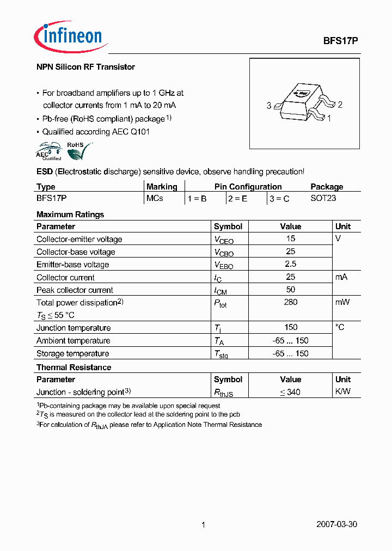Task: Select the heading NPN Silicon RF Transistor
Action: (x=85, y=67)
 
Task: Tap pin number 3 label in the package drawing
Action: (x=269, y=106)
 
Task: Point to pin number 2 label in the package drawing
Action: (x=340, y=105)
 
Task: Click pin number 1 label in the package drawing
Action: (x=329, y=118)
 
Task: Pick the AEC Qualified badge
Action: (x=49, y=151)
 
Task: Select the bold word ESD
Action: (x=44, y=172)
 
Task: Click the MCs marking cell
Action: (x=155, y=199)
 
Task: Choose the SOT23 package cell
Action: (x=323, y=199)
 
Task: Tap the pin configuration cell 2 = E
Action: (x=237, y=199)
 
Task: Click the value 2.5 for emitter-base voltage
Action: (x=291, y=264)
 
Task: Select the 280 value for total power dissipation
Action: (x=291, y=302)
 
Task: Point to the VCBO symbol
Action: (x=223, y=253)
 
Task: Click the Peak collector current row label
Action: (x=75, y=290)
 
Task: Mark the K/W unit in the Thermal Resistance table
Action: (x=342, y=392)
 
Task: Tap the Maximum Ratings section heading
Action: (x=70, y=215)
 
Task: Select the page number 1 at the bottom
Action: (x=203, y=525)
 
